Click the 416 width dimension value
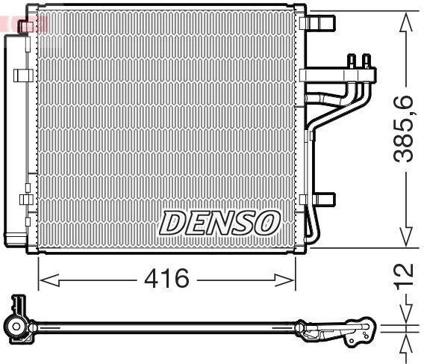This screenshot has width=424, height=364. (166, 278)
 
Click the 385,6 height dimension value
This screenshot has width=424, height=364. (403, 129)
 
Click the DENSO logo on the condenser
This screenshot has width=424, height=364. (219, 223)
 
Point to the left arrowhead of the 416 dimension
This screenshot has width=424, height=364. (49, 280)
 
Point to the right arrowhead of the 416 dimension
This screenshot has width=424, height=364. (284, 280)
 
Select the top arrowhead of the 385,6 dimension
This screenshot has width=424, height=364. (405, 22)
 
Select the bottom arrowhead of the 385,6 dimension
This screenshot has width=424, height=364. (405, 236)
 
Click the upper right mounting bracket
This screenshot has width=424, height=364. (317, 22)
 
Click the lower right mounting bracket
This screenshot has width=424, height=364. (318, 199)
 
